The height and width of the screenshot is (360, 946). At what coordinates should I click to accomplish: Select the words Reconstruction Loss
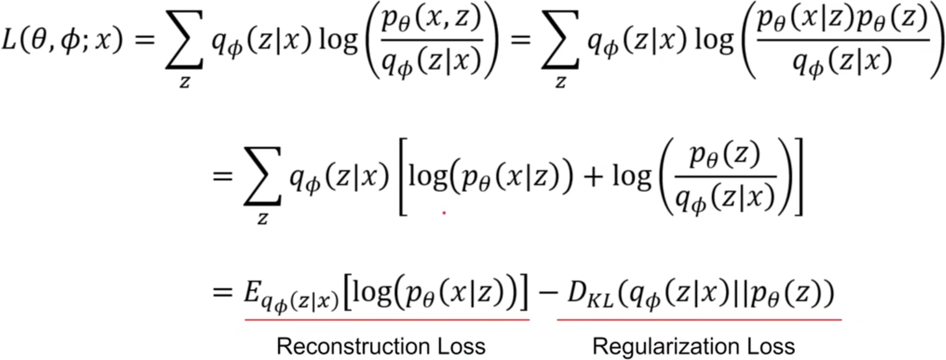click(x=381, y=346)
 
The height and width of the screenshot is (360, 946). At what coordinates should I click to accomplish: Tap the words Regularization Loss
click(x=693, y=346)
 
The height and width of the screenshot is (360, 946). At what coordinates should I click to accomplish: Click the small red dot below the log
click(x=443, y=212)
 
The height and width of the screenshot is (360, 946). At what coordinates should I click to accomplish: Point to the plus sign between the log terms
click(x=595, y=184)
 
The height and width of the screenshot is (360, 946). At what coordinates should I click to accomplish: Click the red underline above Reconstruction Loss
click(x=386, y=319)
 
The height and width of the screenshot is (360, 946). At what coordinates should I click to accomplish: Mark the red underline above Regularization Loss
click(x=699, y=320)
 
